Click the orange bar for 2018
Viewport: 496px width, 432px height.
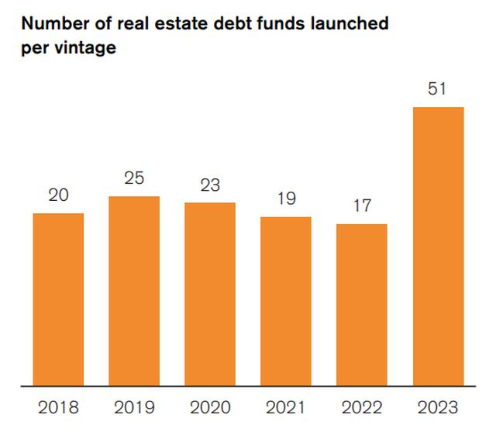58,299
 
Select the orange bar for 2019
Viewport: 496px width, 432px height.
134,291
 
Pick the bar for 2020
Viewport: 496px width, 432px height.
210,294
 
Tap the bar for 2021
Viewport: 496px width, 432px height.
286,301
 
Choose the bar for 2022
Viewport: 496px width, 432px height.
361,304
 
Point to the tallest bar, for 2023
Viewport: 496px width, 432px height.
438,246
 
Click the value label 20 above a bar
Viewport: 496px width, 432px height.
58,195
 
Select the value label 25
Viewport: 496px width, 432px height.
134,178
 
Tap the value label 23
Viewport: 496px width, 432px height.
210,185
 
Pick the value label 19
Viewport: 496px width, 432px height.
286,199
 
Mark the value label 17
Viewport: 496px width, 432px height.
361,206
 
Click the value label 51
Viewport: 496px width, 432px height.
438,88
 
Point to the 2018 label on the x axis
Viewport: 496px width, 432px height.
58,407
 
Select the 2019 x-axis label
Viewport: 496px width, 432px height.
134,407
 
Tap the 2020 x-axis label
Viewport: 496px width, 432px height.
210,407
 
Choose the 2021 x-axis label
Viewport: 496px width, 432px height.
286,407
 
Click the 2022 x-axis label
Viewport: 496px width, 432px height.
361,407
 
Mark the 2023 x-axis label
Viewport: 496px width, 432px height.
438,407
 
